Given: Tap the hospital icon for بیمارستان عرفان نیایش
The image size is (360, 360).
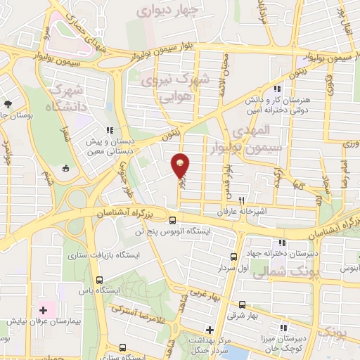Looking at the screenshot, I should point(43,309).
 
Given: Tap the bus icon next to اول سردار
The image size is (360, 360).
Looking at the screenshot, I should point(235,257).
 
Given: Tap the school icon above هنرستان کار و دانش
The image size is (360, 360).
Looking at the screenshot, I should point(278,89).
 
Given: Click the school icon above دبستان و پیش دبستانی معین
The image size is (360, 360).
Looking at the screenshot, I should point(110,131).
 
